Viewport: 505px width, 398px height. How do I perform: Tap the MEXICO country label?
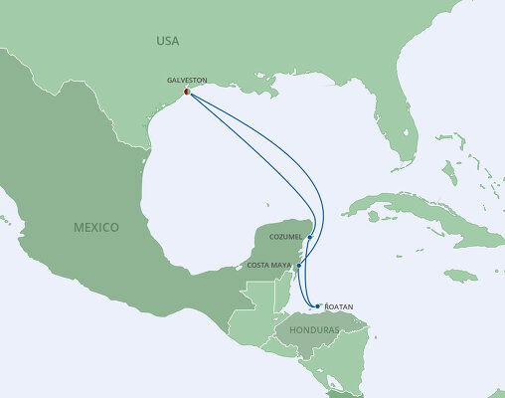(96, 227)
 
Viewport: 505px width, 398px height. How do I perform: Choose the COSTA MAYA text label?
(270, 267)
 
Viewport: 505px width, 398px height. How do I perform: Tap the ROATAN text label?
(338, 307)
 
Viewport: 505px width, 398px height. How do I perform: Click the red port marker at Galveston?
(187, 95)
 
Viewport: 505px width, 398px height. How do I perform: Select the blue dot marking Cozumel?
(310, 237)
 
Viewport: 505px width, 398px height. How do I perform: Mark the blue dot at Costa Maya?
(298, 266)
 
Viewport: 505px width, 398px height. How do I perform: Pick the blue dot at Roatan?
(317, 306)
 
